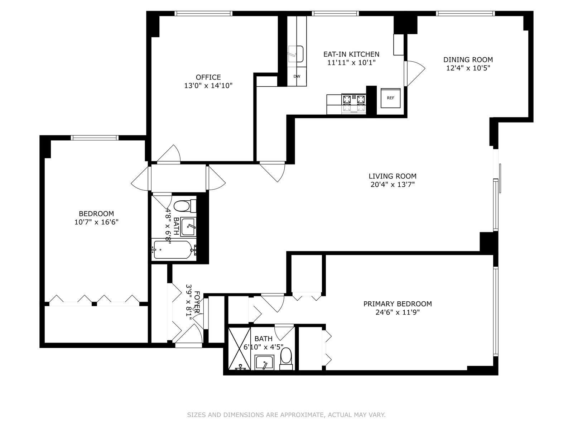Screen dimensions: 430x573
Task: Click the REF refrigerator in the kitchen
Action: tap(390, 97)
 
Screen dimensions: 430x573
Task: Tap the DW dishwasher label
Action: tap(297, 76)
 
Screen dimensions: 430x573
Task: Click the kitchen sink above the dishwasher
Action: tap(297, 54)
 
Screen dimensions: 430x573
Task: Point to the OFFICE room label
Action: tap(208, 77)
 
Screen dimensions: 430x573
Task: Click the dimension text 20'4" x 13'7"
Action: tap(393, 185)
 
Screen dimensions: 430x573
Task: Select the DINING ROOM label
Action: tap(468, 60)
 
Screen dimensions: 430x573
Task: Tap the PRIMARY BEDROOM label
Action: tap(397, 304)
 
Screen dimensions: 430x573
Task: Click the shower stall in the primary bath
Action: tap(240, 348)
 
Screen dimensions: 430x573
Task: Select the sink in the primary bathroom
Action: tap(265, 363)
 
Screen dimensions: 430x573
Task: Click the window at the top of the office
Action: tap(203, 14)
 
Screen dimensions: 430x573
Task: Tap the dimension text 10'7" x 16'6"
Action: tap(96, 222)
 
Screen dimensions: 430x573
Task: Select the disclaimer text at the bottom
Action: tap(286, 415)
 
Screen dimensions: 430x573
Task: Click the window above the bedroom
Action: tap(95, 138)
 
